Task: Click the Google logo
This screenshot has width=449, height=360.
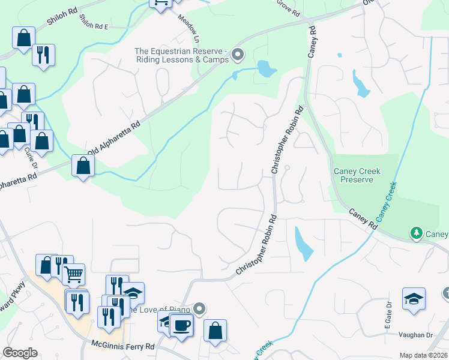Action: coord(20,353)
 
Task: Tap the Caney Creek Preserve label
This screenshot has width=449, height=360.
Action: coord(357,175)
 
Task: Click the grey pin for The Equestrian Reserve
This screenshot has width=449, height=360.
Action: coord(238,56)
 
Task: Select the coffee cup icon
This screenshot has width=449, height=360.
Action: coord(181,326)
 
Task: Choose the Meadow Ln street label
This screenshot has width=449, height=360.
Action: coord(188,27)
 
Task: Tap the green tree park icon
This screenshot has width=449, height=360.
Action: coord(415,232)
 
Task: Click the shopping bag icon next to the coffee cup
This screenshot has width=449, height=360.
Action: coord(215,331)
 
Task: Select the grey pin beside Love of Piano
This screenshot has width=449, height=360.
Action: coord(200,309)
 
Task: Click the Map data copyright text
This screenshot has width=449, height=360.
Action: coord(423,355)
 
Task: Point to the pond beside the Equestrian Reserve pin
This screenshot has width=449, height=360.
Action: coord(266,70)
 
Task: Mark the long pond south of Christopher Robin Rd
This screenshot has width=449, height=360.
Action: coord(304,244)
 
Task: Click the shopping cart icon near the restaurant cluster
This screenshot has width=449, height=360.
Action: coord(73,275)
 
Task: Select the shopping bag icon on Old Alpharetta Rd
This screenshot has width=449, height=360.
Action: coord(82,166)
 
